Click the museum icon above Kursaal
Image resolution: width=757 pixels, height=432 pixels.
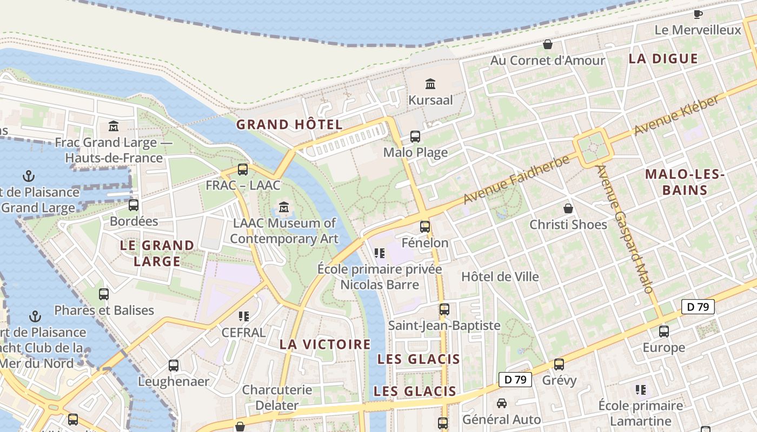coord(430,84)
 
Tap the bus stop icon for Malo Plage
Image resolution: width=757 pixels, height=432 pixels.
coord(415,137)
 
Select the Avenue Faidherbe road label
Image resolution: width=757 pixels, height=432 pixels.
coord(516,180)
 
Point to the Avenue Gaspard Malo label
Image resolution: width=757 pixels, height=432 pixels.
coord(625,230)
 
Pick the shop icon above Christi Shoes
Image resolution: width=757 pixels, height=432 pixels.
coord(568,208)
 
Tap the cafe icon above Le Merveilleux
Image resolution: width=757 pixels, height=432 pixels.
coord(698,14)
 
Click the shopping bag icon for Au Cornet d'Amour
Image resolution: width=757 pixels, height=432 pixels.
coord(548,44)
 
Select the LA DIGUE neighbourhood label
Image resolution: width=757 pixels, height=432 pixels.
coord(663,59)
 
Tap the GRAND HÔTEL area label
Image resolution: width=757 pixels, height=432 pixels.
coord(289,124)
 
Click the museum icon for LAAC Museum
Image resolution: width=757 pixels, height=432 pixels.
coord(284,207)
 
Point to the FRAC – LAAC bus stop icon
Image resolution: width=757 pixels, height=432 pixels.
coord(243,170)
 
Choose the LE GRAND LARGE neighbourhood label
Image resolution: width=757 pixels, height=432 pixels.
coord(157,253)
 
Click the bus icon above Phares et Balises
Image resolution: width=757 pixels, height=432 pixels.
coord(104,294)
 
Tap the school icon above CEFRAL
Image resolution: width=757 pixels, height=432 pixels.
coord(243,316)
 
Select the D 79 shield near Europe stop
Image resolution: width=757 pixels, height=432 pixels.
coord(698,307)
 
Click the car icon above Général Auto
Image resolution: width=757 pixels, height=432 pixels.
coord(502,403)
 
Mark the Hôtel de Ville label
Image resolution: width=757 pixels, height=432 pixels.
coord(500,276)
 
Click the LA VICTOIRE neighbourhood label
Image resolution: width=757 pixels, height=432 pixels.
coord(325,345)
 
